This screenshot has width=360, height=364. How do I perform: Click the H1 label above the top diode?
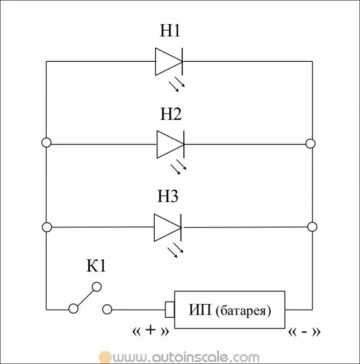[x=170, y=31]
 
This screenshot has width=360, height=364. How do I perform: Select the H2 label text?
[x=171, y=114]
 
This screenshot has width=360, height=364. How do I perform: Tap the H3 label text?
[x=168, y=197]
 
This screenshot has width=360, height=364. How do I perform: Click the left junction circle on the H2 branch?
[x=47, y=143]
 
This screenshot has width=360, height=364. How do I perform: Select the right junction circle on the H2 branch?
[x=310, y=143]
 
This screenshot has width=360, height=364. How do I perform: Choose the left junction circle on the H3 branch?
[x=47, y=227]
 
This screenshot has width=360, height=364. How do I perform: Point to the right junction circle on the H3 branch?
[x=310, y=227]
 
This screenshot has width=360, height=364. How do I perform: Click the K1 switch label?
[x=97, y=266]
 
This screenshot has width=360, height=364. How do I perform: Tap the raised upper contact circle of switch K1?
[x=96, y=287]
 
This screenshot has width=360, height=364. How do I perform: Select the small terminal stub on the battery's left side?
[x=169, y=309]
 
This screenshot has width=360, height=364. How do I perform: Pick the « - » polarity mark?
[x=304, y=331]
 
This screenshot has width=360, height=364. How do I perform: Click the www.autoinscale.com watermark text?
[x=183, y=356]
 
